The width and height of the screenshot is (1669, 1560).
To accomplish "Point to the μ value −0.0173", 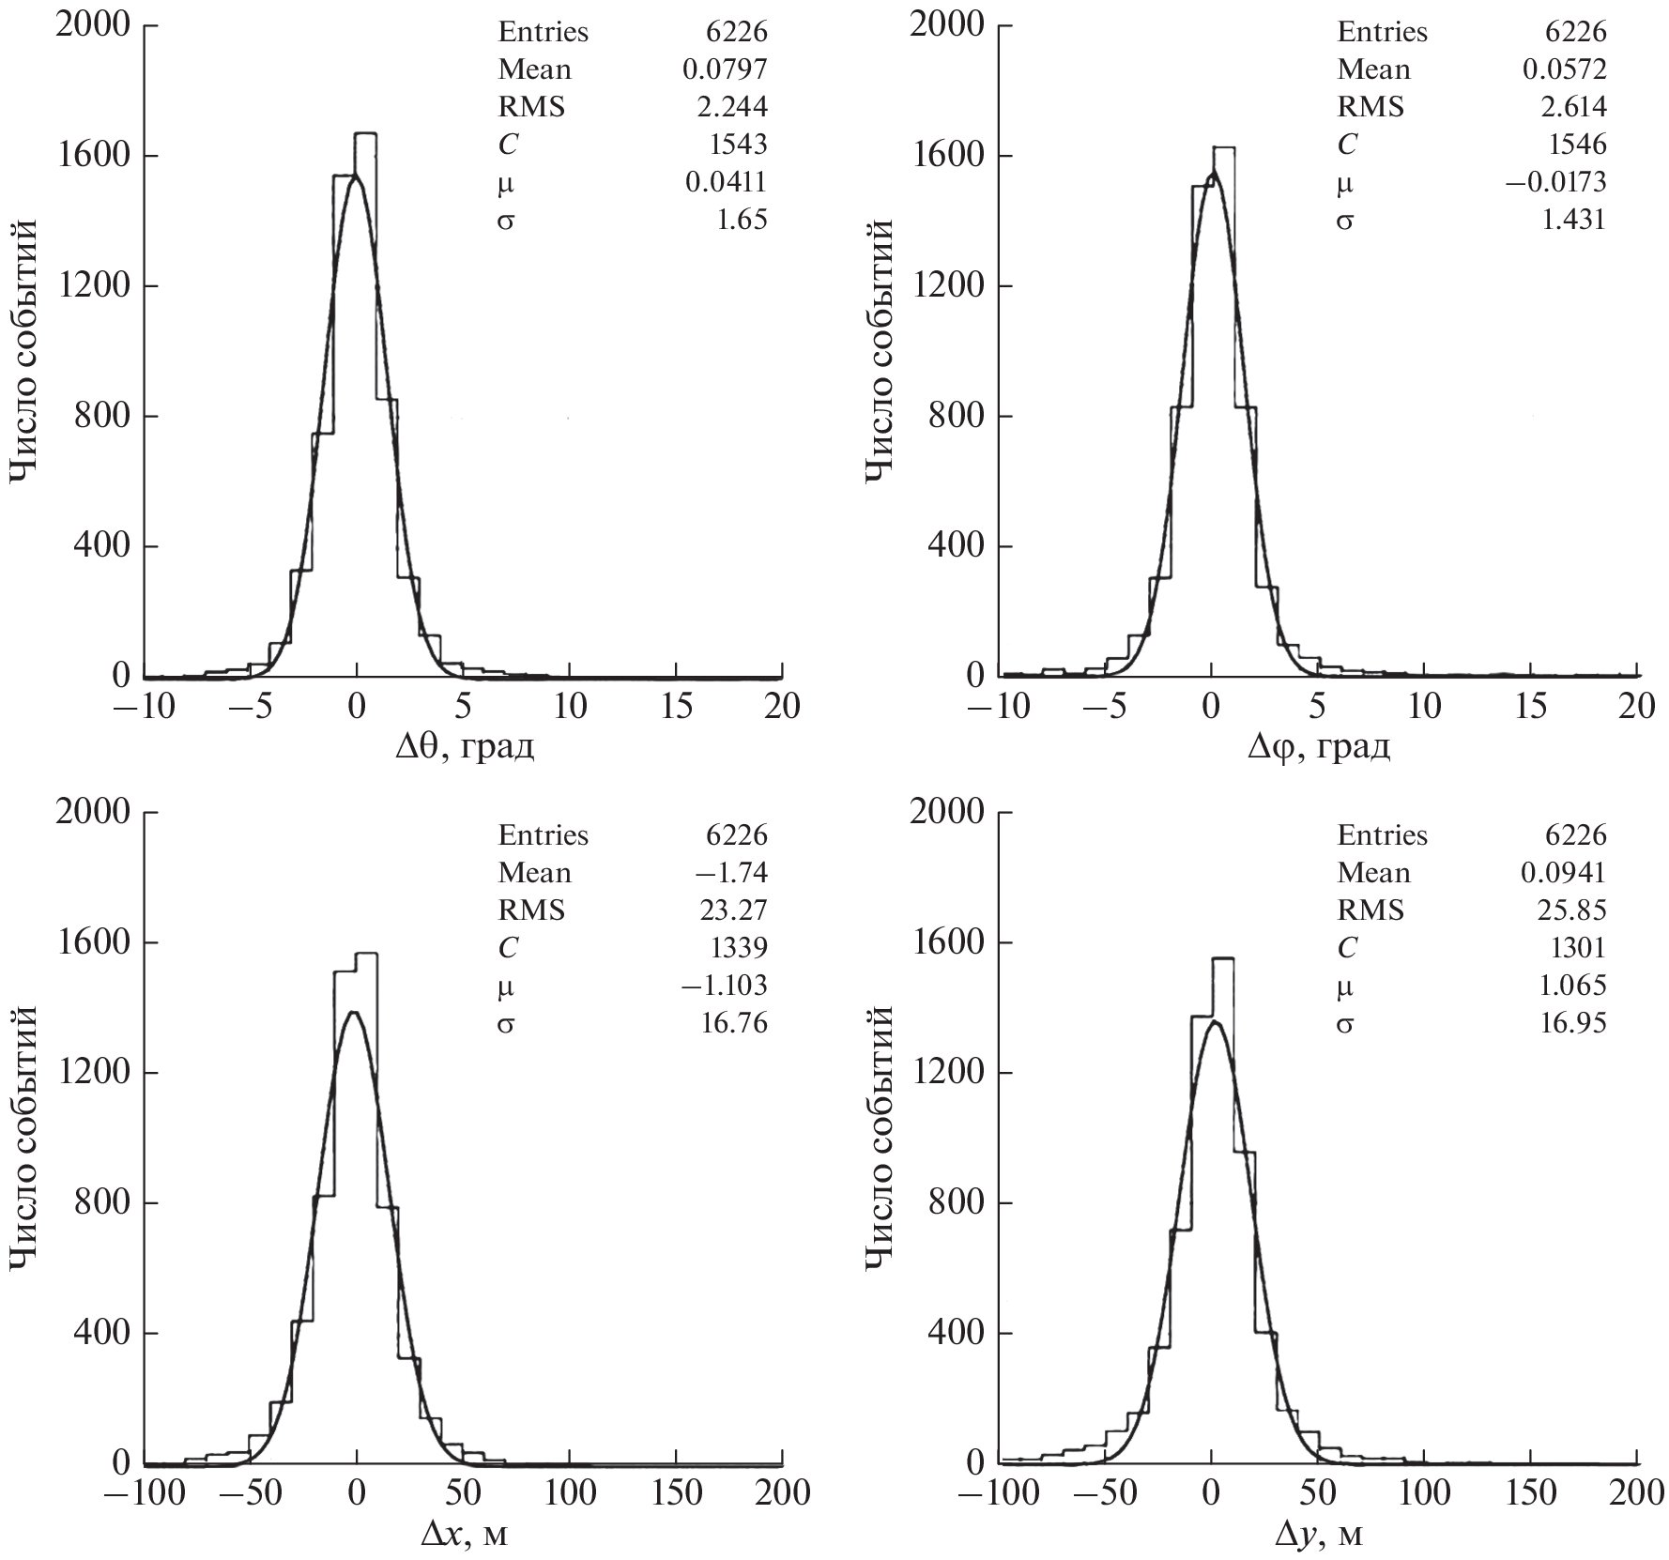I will coord(1555,182).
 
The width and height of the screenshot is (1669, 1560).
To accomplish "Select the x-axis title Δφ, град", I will coord(1318,747).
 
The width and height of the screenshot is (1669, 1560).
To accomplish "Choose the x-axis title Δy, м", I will coord(1318,1534).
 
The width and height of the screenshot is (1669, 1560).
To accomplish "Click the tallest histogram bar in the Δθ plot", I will coord(366,404).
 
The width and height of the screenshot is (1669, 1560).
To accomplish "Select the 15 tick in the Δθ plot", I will coord(676,706).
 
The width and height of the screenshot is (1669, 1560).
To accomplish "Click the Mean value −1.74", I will coord(731,873).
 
